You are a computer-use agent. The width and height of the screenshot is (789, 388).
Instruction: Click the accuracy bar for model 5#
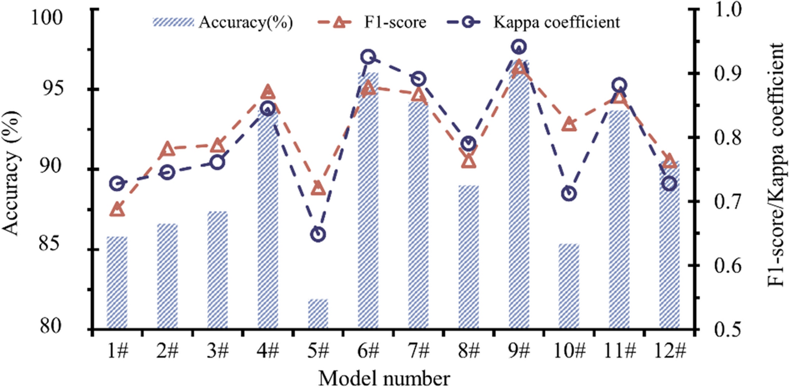pos(318,314)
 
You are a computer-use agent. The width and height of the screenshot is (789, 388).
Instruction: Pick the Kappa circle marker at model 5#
pos(318,234)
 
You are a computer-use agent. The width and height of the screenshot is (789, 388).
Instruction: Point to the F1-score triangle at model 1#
pos(117,210)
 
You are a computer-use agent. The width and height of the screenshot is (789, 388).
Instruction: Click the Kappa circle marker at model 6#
pos(368,56)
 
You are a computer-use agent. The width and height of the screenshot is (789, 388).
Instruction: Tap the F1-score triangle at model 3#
pos(217,145)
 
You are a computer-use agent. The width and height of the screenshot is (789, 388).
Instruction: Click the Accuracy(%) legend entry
pos(224,23)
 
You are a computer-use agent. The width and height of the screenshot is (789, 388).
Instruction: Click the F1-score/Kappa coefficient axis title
pos(774,168)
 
